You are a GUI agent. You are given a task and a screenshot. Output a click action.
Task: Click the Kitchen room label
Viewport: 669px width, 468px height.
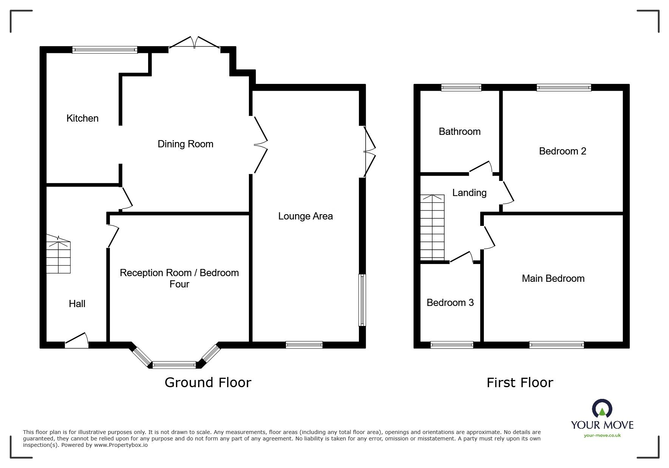click(82, 118)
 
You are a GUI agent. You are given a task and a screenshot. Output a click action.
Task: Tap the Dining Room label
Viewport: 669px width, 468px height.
click(185, 144)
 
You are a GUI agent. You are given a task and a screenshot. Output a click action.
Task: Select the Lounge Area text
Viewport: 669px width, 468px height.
click(305, 216)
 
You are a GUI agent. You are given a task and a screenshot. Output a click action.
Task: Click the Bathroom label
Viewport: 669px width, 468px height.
click(459, 131)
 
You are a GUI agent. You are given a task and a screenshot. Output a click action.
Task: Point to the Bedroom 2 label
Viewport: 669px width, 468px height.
click(562, 151)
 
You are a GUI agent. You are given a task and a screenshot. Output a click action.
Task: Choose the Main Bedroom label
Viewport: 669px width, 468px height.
click(553, 278)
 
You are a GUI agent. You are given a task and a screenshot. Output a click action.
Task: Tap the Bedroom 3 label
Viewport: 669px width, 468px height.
click(450, 303)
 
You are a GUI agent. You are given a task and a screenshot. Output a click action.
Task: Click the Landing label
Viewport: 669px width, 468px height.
click(469, 193)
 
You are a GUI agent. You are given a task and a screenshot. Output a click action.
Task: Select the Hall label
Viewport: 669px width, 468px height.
click(77, 304)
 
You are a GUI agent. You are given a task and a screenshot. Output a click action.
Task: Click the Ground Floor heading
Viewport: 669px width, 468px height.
click(208, 383)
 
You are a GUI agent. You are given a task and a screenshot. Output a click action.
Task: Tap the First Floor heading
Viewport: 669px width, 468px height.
click(519, 383)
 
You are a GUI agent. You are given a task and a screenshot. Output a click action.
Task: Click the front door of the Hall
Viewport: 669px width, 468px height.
click(77, 340)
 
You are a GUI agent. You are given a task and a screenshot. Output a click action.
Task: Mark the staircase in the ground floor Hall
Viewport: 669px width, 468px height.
click(59, 255)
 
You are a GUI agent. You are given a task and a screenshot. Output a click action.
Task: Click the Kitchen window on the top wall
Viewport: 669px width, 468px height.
click(105, 49)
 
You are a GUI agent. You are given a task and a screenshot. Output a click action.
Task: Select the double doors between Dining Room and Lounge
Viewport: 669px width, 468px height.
click(260, 145)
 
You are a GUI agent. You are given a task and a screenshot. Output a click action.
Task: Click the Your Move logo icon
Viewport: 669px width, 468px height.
click(602, 409)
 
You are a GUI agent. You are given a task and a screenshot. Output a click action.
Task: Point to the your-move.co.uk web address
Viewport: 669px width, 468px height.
click(602, 436)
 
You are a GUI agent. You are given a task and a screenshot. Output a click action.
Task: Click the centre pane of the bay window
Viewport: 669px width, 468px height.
click(174, 365)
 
